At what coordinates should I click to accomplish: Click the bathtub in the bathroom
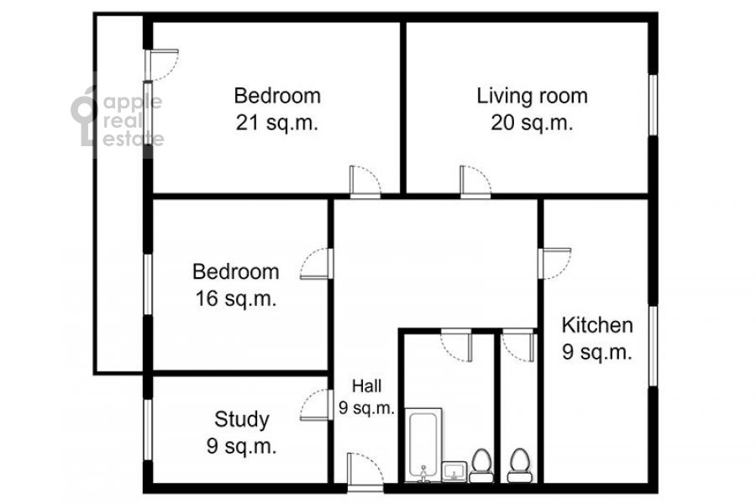tap(423, 444)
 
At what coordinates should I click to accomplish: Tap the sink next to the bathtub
tap(455, 471)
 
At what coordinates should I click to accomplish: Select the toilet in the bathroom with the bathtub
tap(481, 465)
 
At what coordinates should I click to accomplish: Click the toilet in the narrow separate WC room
tap(520, 465)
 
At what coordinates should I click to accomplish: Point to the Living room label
tap(533, 96)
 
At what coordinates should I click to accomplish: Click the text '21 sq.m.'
tap(277, 123)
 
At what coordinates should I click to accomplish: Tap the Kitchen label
tap(597, 325)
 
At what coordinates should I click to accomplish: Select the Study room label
tap(242, 419)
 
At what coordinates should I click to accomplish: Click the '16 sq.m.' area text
tap(236, 298)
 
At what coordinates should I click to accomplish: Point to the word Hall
tap(367, 386)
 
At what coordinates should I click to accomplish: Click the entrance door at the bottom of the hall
tap(365, 473)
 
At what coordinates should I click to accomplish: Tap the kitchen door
tap(554, 263)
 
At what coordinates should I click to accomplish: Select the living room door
tap(475, 181)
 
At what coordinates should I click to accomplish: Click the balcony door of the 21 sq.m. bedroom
tap(161, 65)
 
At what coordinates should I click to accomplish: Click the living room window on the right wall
tap(654, 105)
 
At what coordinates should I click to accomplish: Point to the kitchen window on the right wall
tap(654, 346)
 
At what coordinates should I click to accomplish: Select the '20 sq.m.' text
tap(533, 123)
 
